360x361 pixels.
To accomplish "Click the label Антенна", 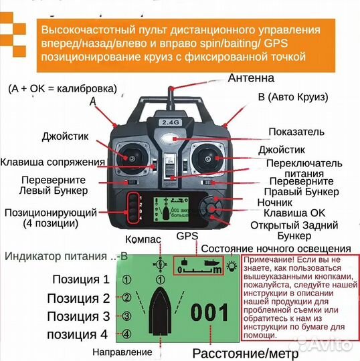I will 252,78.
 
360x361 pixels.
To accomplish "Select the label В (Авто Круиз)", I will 293,98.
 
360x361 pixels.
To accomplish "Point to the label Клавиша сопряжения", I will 53,162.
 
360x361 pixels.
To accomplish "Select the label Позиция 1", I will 78,279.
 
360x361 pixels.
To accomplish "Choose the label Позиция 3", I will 78,316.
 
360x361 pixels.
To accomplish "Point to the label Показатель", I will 296,132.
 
